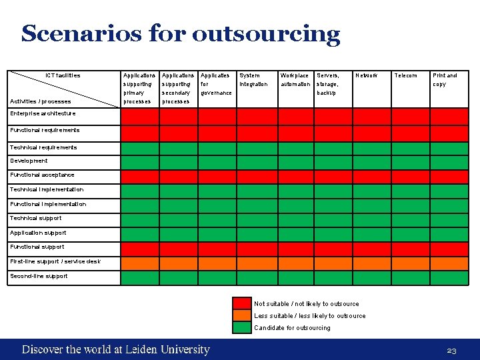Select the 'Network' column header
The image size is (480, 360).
coord(367,75)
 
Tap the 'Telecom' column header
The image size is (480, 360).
coord(405,75)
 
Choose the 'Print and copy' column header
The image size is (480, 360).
coord(445,79)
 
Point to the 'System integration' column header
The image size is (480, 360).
coord(253,79)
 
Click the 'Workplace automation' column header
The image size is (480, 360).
coord(295,79)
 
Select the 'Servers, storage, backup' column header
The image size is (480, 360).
coord(328,83)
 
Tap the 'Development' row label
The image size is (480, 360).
coord(29,161)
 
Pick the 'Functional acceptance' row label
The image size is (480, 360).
coord(42,175)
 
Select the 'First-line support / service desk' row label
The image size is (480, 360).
coord(55,261)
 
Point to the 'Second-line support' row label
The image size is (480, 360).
coord(39,276)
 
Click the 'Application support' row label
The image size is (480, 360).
coord(38,233)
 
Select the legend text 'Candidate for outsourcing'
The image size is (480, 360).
coord(292,327)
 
